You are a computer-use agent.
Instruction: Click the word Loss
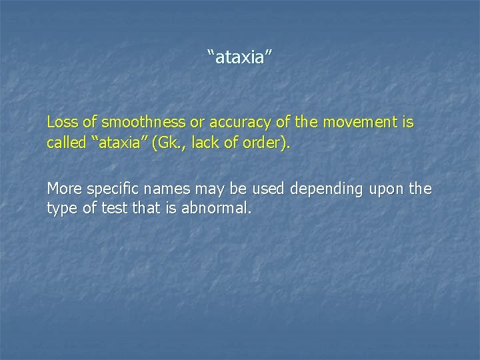(61, 123)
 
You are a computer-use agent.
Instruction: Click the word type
(61, 209)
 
